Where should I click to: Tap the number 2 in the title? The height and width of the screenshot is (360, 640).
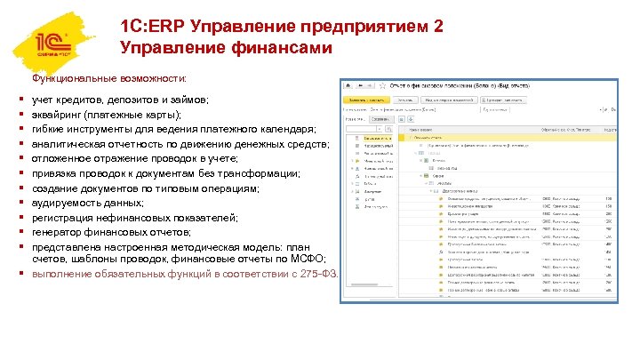pyautogui.click(x=436, y=28)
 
